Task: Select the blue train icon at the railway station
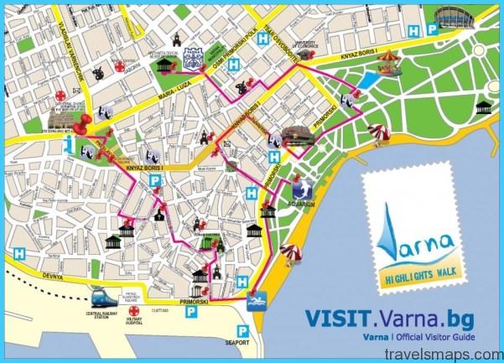pyautogui.click(x=103, y=298)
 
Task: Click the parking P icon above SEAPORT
pyautogui.click(x=242, y=329)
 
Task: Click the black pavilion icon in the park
pyautogui.click(x=483, y=106)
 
